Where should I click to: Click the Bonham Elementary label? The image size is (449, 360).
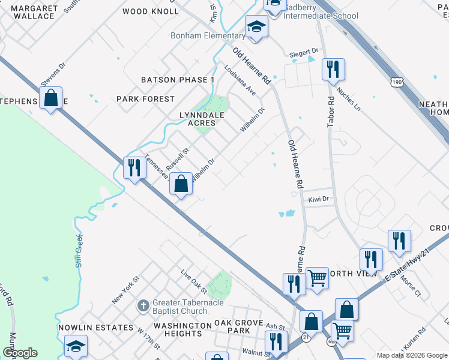[x=207, y=36]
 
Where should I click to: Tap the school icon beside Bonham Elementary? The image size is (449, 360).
[x=256, y=27]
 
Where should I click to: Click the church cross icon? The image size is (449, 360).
[x=142, y=306]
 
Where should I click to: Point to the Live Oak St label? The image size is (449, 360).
[x=194, y=281]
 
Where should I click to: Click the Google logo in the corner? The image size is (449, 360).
[x=20, y=353]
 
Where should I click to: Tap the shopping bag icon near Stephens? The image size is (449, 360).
[x=51, y=97]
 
